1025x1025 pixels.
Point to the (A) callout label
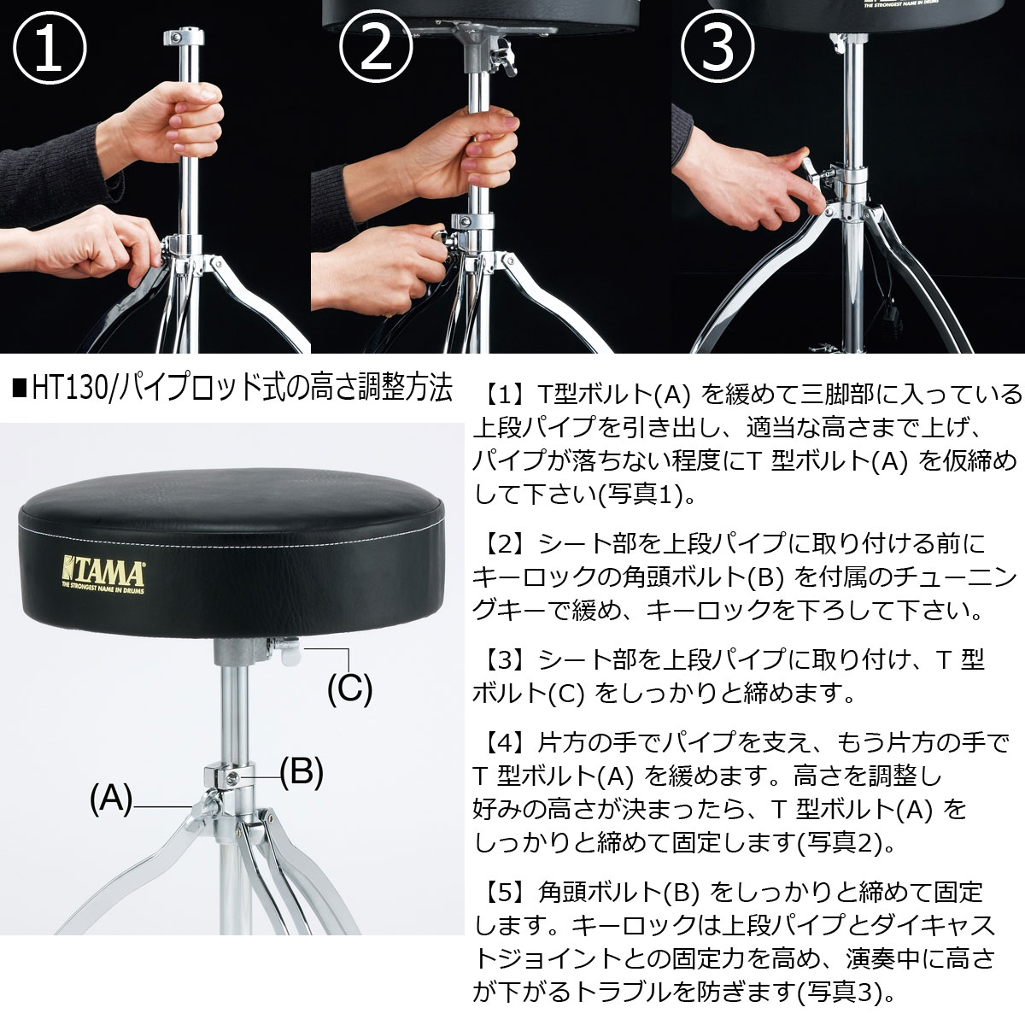(111, 801)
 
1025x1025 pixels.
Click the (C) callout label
(350, 688)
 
